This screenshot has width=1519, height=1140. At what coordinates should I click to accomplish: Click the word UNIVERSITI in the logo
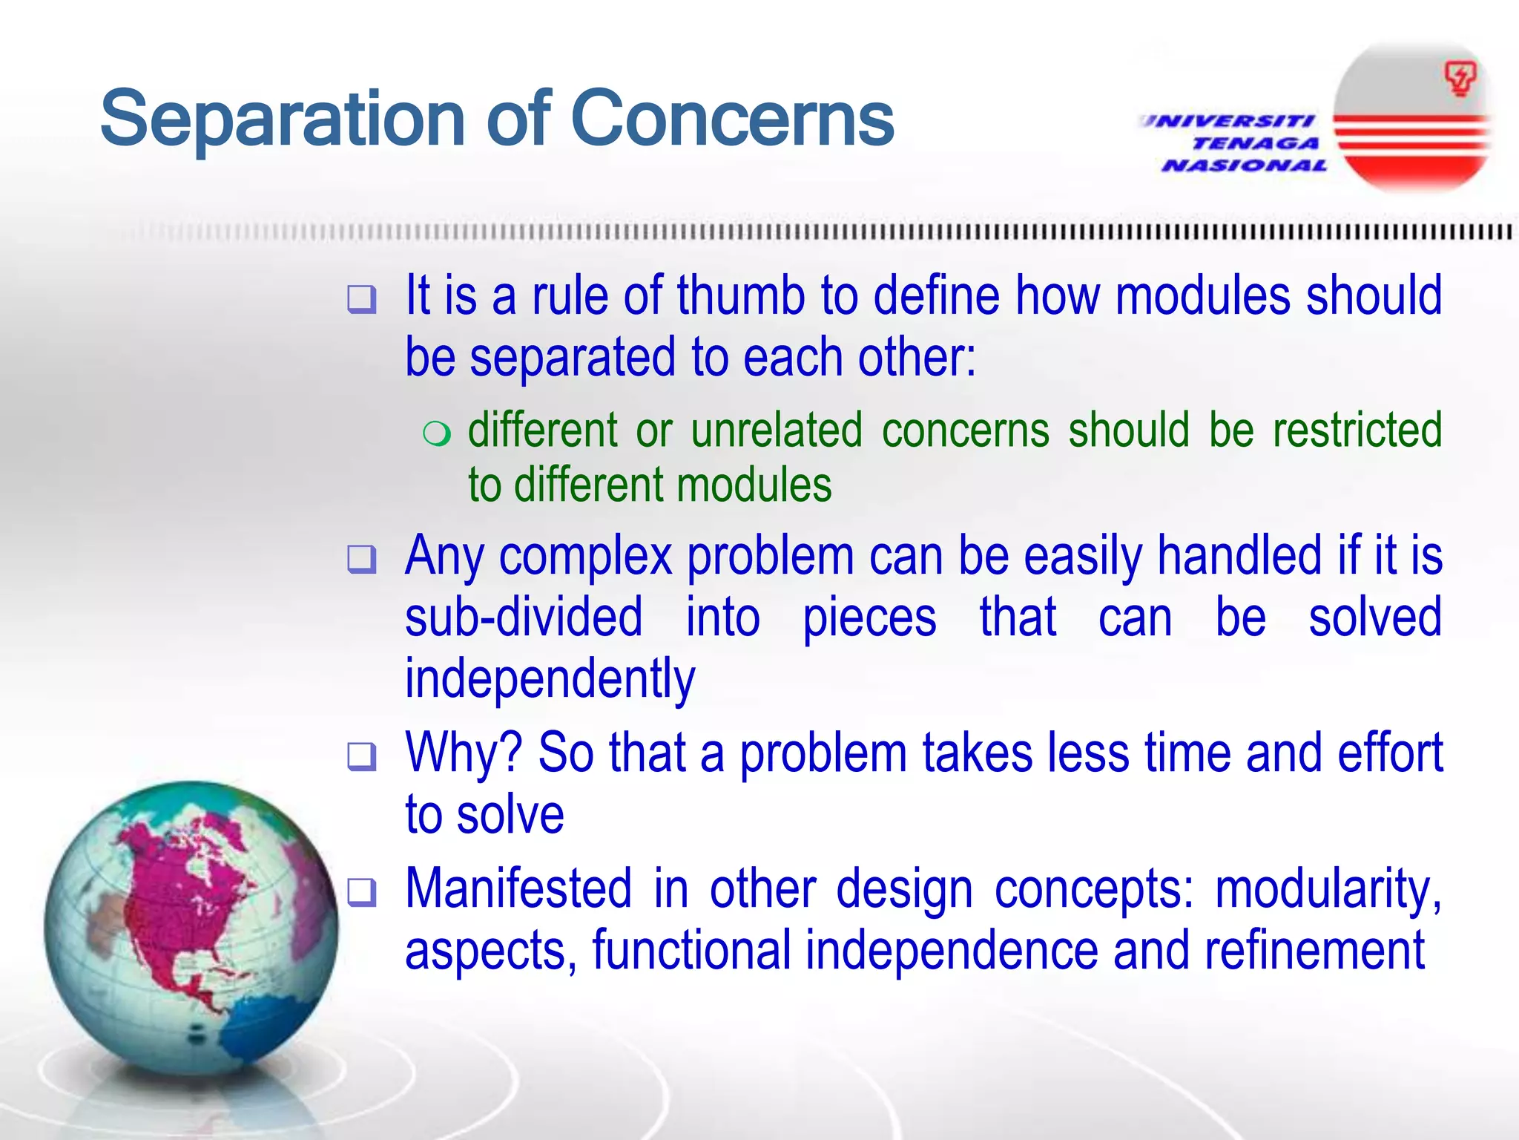point(1228,121)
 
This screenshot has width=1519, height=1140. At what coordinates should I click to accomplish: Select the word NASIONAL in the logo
point(1244,166)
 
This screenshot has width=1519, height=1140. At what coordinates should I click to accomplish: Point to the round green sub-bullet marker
point(436,433)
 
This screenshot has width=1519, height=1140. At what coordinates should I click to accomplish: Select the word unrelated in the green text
point(777,430)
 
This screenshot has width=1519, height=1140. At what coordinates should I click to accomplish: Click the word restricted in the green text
point(1357,430)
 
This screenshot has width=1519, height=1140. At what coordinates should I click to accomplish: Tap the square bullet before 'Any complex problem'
point(362,559)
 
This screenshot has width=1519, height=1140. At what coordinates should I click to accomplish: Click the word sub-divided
point(524,617)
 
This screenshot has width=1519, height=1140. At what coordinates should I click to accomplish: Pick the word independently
point(550,679)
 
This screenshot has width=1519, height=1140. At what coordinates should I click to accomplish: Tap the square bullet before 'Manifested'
point(362,892)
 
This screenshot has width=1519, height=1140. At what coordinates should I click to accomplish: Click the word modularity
point(1328,889)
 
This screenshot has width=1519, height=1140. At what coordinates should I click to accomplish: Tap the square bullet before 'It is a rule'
point(362,299)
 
